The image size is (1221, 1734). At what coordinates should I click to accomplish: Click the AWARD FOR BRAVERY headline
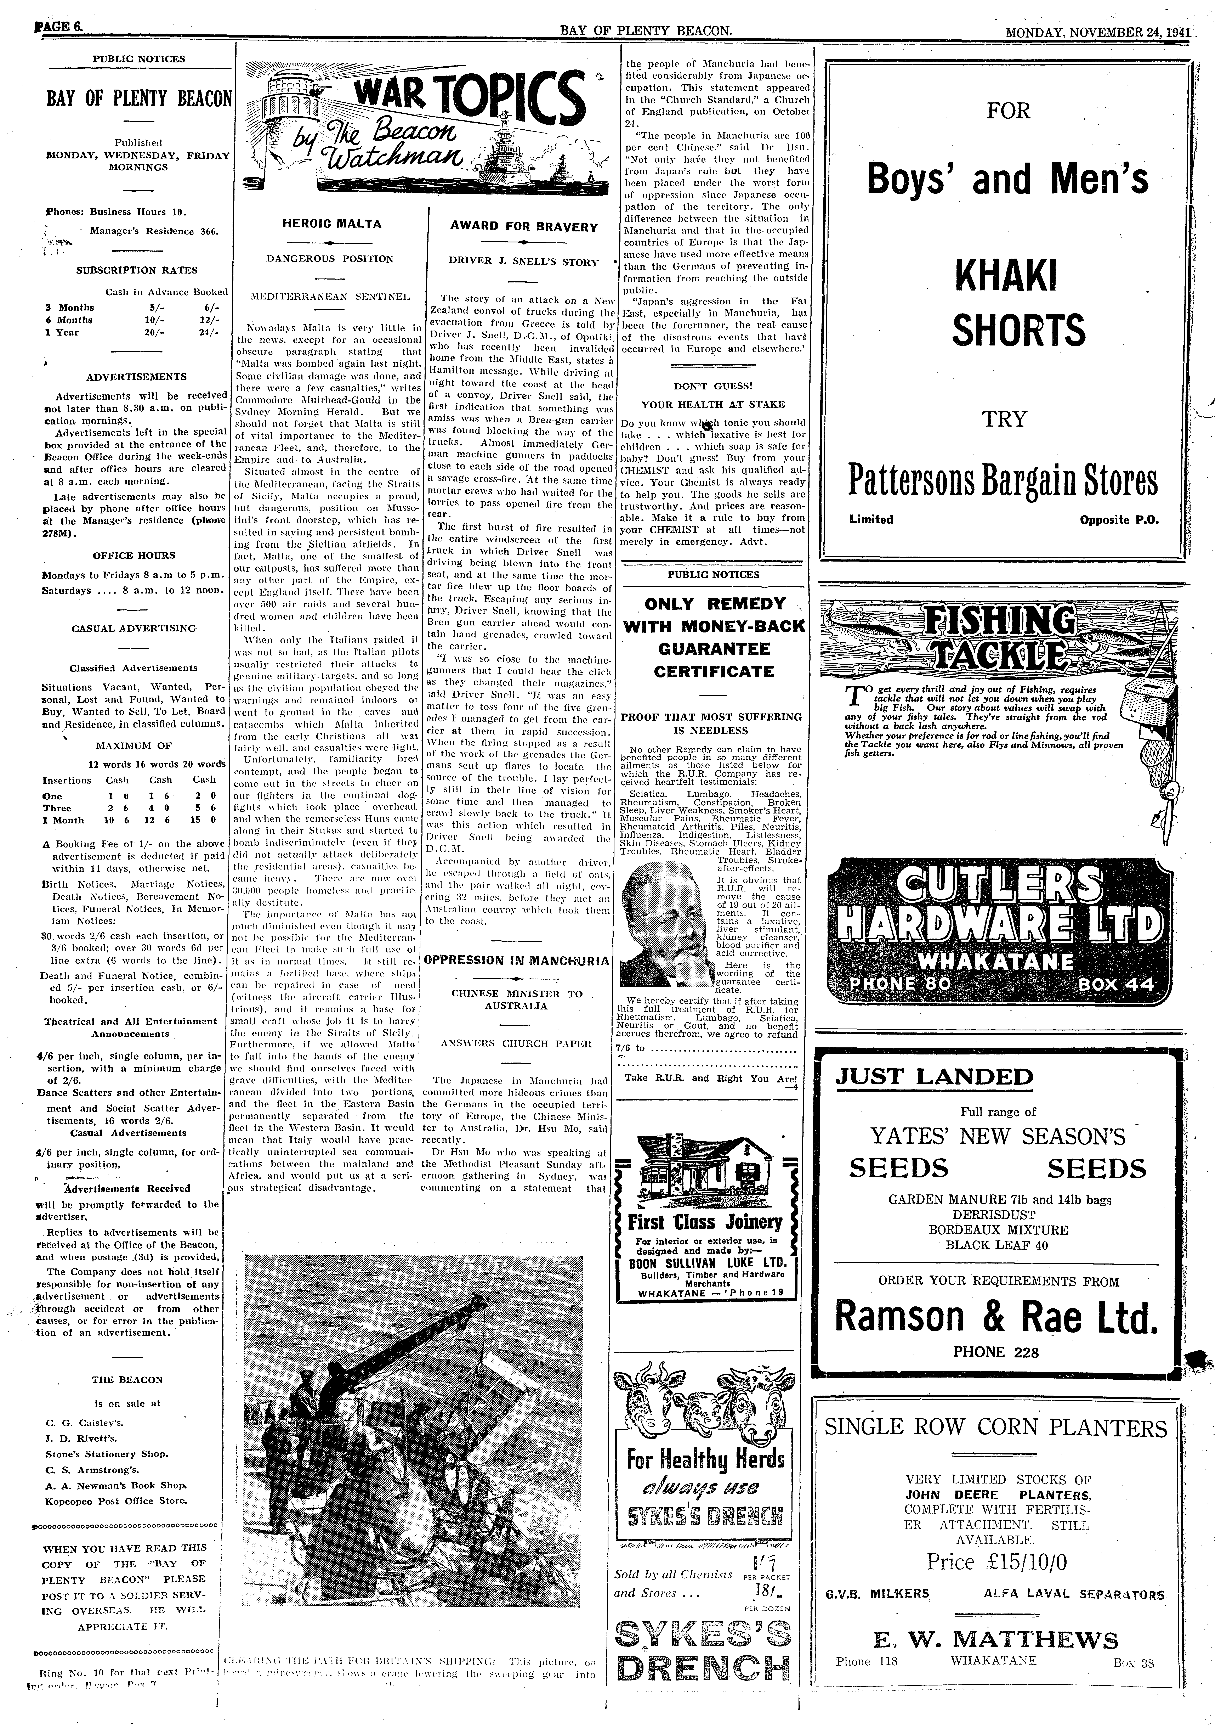[524, 227]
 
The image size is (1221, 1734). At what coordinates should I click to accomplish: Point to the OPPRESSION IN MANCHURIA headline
[517, 961]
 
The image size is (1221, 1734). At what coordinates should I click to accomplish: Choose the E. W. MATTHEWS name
[995, 1640]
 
